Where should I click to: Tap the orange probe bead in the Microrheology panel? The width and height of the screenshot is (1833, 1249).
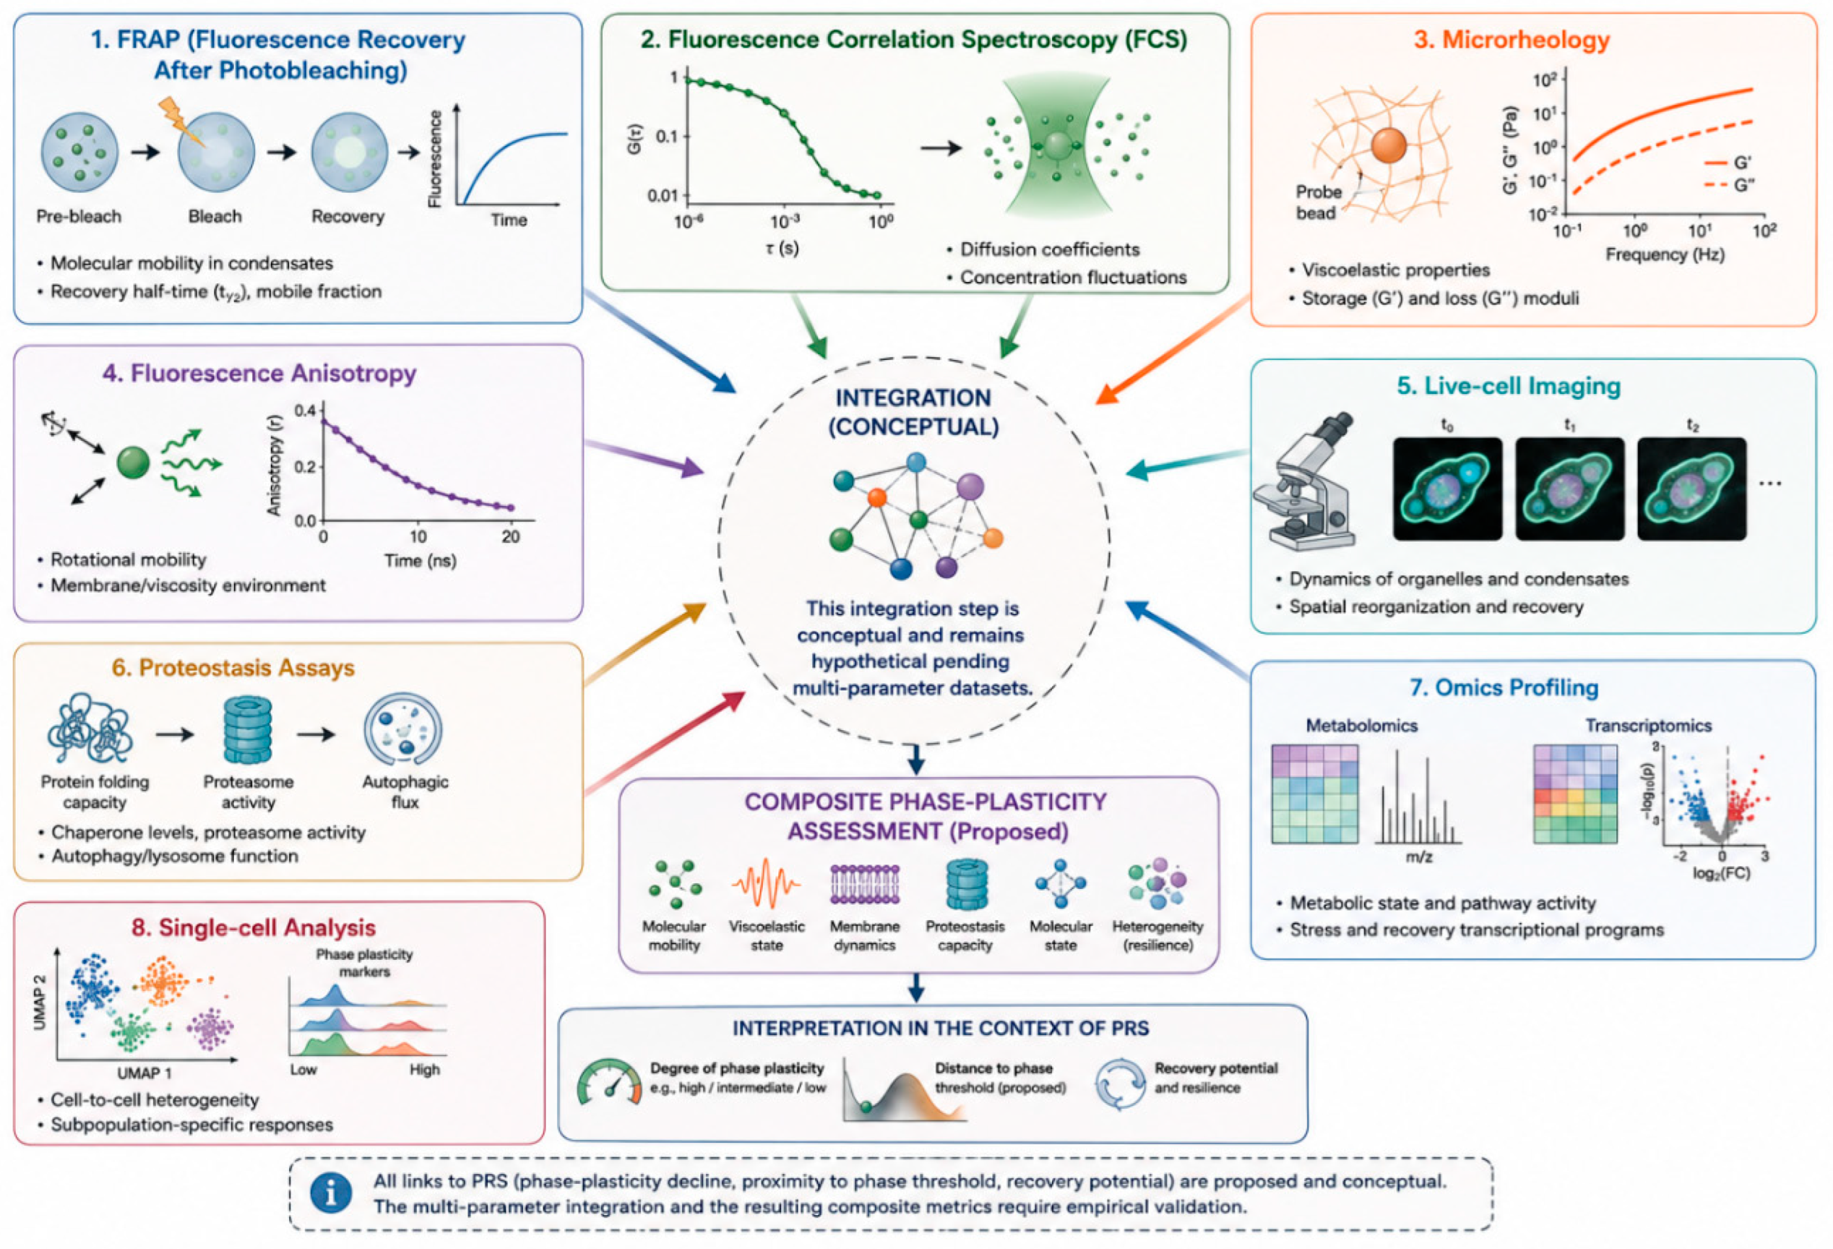pyautogui.click(x=1389, y=145)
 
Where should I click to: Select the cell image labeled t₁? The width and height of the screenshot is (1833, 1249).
pyautogui.click(x=1570, y=489)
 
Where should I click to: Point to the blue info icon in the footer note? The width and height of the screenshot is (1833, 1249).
pyautogui.click(x=330, y=1194)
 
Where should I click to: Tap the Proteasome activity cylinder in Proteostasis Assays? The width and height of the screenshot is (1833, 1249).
pyautogui.click(x=248, y=730)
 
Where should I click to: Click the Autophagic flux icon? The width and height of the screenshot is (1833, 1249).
pyautogui.click(x=403, y=730)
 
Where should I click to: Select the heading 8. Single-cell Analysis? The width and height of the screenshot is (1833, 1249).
pyautogui.click(x=253, y=927)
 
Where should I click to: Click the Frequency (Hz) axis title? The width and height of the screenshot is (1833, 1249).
pyautogui.click(x=1665, y=255)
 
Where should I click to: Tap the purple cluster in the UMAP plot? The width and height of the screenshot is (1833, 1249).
pyautogui.click(x=210, y=1028)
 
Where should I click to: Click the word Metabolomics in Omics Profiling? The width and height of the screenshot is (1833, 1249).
pyautogui.click(x=1361, y=725)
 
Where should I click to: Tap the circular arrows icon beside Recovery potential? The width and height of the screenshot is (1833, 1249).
pyautogui.click(x=1120, y=1084)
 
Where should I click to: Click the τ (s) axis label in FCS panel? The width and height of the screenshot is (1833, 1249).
pyautogui.click(x=782, y=248)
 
